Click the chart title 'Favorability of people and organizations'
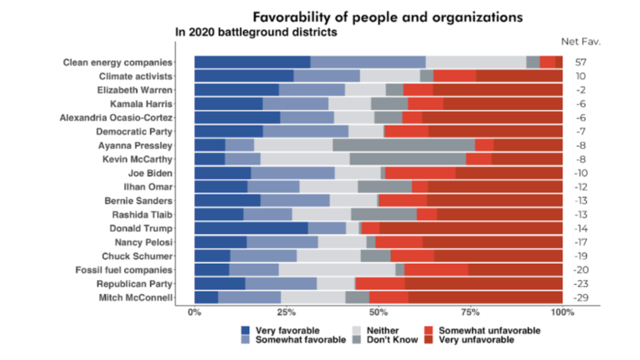(388, 18)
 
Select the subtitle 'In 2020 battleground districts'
(256, 33)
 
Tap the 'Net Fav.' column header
(581, 42)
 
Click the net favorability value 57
(581, 62)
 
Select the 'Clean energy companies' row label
(118, 62)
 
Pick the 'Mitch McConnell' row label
(135, 298)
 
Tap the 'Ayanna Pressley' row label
(135, 145)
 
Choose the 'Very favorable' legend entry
(287, 331)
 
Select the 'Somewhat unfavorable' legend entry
(489, 331)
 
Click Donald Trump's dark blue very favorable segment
(251, 228)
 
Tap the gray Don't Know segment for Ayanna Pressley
(403, 145)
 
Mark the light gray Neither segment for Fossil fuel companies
(337, 270)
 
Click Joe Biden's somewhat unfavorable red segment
(420, 173)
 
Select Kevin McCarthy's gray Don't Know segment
(407, 159)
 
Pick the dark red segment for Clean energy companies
(559, 62)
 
